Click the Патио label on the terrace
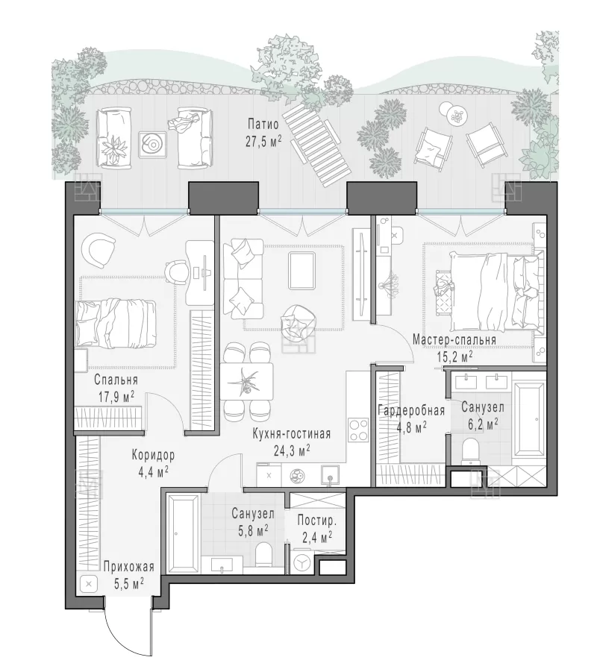263,124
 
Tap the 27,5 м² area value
263,141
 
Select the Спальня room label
116,380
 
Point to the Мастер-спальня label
454,340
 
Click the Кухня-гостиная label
292,434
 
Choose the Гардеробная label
412,411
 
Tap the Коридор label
153,455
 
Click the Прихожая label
129,567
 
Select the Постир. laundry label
317,521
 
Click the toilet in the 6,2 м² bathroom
472,451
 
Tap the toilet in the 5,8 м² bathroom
263,555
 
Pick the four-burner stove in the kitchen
358,430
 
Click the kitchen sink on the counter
330,475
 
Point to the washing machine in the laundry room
303,563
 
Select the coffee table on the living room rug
302,271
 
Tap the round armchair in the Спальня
100,250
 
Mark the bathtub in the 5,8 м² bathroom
182,534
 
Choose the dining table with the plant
247,381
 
